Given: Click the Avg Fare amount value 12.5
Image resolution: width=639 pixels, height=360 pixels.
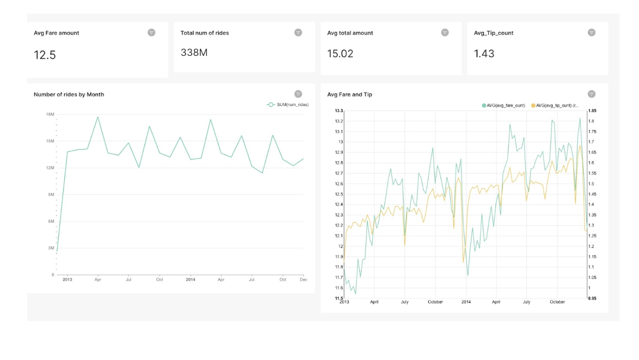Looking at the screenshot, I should pos(45,55).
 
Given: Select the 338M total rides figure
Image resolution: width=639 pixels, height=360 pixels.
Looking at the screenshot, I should pos(194,52).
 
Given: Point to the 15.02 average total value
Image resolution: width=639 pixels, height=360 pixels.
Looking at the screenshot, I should pos(340,53).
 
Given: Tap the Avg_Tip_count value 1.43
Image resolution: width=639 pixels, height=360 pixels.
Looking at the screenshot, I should pos(484,53).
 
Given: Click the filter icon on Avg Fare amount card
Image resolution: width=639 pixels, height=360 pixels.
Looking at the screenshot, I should pos(152,33).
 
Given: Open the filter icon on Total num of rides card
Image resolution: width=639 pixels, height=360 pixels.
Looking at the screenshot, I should pos(298,33).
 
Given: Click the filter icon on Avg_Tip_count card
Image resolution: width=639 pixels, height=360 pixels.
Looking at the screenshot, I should pos(591,33).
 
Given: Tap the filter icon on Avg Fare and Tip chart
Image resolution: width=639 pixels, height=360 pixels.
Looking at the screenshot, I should pos(591,94).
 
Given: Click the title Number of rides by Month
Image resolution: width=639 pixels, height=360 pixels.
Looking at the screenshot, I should pos(69,95).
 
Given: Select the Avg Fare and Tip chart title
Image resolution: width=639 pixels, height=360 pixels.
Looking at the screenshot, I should pos(350,95).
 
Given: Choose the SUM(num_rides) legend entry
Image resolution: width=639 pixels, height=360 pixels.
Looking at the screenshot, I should pos(288,105).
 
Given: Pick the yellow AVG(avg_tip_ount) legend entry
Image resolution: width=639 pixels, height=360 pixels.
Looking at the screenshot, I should pos(555,105).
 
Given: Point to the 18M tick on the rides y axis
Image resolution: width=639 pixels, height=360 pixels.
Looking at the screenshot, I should pos(50,115).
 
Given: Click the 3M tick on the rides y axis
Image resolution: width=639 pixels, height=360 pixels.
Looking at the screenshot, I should pos(51,248).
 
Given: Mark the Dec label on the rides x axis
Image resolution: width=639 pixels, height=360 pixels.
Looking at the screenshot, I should pos(303,279).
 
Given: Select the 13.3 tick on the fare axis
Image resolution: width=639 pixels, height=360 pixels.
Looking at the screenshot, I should pos(338,111).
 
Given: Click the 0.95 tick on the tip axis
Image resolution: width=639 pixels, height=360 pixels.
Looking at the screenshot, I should pos(592,298).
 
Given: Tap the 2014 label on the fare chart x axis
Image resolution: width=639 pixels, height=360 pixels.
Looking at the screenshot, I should pos(466,302).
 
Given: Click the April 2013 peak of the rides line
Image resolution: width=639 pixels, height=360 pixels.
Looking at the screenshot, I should pos(97,116).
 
